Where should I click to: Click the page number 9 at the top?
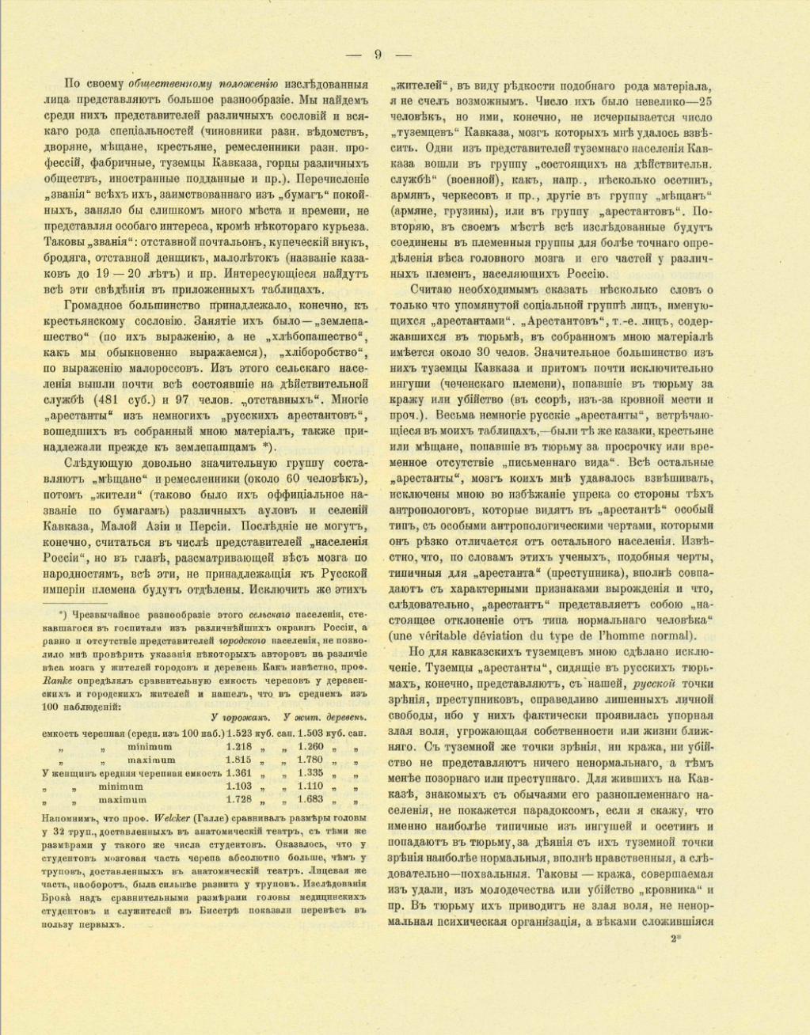[378, 55]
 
